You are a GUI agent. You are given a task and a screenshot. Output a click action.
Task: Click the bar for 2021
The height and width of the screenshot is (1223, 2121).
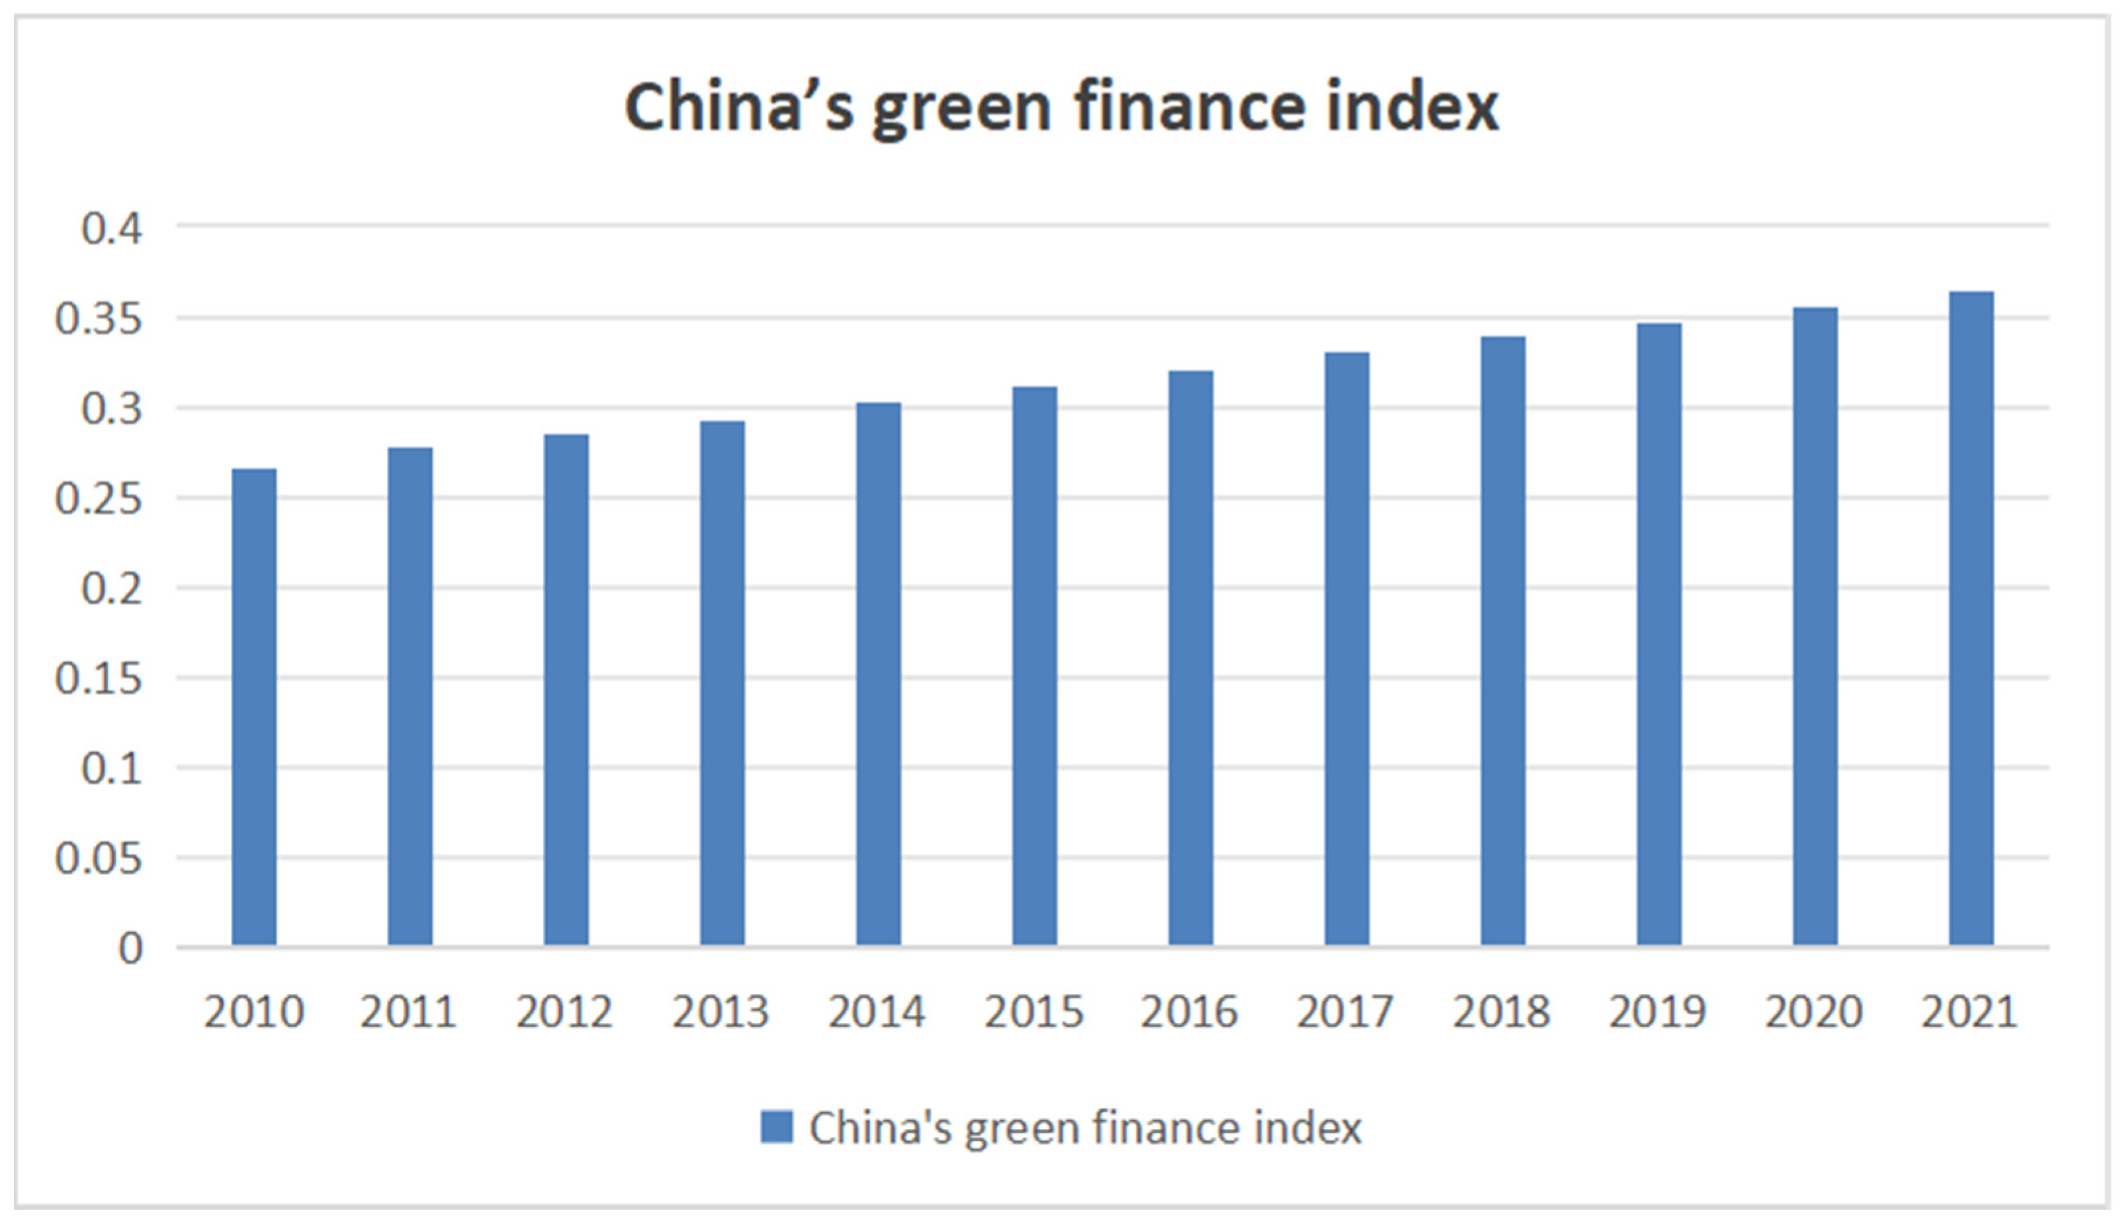(x=1971, y=618)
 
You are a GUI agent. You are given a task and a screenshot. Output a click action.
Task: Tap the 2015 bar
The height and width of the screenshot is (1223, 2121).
(x=1034, y=666)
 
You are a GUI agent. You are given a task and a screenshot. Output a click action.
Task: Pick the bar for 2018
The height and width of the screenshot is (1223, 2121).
(x=1502, y=641)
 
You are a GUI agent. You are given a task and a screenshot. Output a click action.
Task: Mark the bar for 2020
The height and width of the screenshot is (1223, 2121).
(x=1815, y=626)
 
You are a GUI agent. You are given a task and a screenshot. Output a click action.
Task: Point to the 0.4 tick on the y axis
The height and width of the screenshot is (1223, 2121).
(x=112, y=228)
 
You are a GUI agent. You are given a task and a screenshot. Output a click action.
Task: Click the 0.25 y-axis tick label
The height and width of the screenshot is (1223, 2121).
(x=99, y=499)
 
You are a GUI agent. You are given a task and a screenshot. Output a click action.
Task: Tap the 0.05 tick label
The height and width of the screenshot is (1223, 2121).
(x=99, y=859)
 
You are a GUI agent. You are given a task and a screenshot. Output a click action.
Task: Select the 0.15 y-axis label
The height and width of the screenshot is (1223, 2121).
(x=99, y=679)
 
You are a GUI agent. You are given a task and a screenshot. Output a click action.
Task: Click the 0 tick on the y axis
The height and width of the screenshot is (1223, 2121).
(x=130, y=949)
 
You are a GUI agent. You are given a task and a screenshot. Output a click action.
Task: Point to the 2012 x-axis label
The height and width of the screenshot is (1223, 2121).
(x=564, y=1012)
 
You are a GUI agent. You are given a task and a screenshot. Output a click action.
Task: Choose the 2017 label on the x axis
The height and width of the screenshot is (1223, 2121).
(x=1345, y=1012)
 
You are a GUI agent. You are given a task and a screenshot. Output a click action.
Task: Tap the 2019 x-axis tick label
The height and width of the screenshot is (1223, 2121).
(x=1657, y=1012)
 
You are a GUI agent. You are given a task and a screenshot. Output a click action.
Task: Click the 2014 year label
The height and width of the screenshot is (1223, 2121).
(x=877, y=1012)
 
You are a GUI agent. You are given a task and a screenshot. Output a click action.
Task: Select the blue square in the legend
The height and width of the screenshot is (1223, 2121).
(x=776, y=1127)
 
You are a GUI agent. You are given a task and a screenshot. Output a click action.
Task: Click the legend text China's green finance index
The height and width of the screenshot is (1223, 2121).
(x=1085, y=1128)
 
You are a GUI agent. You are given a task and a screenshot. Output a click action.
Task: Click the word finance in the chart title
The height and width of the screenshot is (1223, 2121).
(x=1190, y=108)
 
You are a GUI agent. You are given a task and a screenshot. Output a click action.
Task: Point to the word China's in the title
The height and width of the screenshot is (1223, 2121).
(x=739, y=108)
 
